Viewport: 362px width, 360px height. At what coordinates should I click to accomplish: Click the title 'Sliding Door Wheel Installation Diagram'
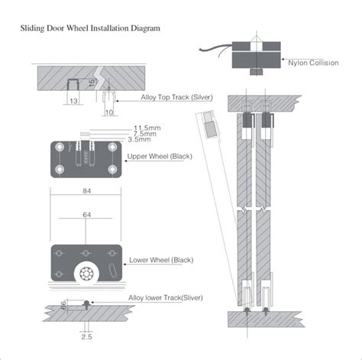click(90, 28)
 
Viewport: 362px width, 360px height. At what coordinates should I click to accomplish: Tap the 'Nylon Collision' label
click(313, 63)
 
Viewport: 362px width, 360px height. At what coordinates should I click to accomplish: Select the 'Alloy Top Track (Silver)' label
click(176, 97)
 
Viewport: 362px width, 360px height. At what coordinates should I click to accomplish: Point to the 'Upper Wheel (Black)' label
click(160, 157)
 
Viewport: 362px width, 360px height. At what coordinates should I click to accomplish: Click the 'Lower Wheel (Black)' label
click(161, 260)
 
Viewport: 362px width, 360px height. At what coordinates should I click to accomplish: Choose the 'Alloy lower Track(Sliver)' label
click(166, 297)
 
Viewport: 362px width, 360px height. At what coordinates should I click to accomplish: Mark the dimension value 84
click(87, 191)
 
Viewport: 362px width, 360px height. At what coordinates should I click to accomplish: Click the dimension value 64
click(87, 215)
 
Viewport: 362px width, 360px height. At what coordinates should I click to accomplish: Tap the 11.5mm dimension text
click(147, 128)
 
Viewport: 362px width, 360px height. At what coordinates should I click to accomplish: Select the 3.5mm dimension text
click(139, 140)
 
